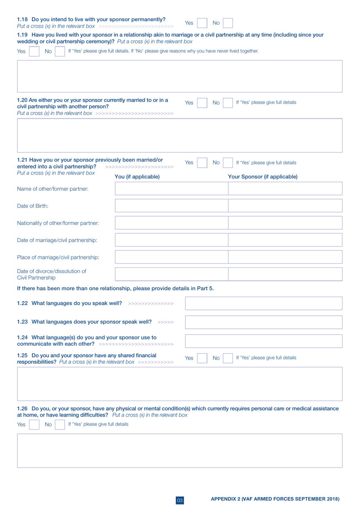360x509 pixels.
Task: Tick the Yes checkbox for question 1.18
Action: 202,23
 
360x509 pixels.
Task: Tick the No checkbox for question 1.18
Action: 228,23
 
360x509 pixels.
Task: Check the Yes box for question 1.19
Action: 34,51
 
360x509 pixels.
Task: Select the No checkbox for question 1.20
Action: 228,103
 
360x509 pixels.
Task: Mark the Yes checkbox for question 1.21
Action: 202,163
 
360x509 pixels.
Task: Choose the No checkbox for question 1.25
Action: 228,358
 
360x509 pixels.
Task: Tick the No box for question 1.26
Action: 60,424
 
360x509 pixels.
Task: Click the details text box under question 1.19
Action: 180,76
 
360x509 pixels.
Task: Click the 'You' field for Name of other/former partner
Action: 171,189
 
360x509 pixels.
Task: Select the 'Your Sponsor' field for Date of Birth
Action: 285,206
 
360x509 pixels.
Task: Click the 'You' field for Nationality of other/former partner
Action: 171,223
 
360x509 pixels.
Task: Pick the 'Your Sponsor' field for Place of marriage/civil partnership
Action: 285,257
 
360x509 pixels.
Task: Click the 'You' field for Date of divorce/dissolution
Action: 171,274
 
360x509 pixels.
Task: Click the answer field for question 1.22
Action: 263,303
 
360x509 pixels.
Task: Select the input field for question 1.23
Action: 263,322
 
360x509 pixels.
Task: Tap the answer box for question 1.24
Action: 263,341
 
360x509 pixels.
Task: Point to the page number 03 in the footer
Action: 180,500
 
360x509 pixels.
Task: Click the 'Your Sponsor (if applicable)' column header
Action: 263,177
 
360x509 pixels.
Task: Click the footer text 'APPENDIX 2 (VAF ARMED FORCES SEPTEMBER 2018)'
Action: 275,499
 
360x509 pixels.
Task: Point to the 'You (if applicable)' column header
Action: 137,177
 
